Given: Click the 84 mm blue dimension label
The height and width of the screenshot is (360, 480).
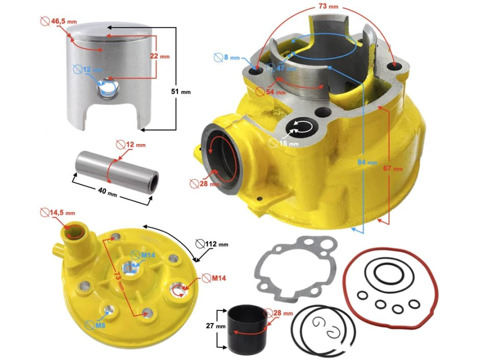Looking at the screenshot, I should pos(367,162).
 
